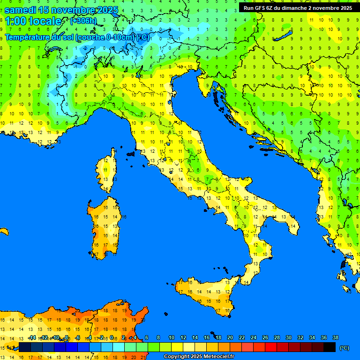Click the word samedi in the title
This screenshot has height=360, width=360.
21,10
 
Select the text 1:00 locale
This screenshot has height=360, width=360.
33,21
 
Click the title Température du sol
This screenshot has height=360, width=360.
39,37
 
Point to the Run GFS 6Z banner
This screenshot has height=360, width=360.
298,8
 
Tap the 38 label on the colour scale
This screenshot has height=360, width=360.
335,337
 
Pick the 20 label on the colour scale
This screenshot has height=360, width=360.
230,337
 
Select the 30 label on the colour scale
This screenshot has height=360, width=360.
288,337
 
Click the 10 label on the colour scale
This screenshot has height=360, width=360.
171,337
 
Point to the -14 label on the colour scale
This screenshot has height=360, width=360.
32,337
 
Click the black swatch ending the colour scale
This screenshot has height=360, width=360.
329,347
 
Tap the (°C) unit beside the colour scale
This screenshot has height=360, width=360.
345,348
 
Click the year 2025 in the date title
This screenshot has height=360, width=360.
106,10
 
